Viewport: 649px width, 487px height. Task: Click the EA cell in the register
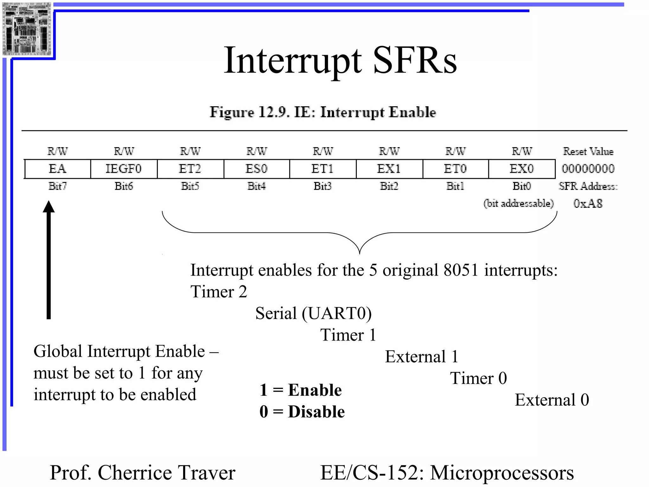(x=57, y=169)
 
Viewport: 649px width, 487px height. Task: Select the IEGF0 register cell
(x=124, y=169)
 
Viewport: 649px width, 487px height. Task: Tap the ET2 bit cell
(x=190, y=169)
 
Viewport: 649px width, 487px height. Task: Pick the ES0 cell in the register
(x=256, y=169)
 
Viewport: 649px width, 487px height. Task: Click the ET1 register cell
(x=323, y=169)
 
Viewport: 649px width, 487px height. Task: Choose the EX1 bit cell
(x=389, y=169)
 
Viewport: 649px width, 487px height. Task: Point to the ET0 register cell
(x=455, y=169)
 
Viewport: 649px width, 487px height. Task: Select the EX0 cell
(x=522, y=169)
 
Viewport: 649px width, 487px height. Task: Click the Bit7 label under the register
(x=57, y=186)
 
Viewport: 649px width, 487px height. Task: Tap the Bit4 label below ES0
(x=256, y=186)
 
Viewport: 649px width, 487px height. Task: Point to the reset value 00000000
(x=588, y=169)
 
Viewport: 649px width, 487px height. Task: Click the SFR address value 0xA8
(x=588, y=203)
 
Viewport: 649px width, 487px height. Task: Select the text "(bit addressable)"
(x=518, y=203)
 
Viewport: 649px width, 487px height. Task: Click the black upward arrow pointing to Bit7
(x=49, y=260)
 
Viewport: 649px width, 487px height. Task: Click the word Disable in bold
(x=316, y=412)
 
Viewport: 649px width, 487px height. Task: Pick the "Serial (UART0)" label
(x=313, y=313)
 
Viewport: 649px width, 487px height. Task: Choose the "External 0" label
(x=552, y=400)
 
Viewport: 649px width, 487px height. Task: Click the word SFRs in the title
(x=415, y=60)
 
